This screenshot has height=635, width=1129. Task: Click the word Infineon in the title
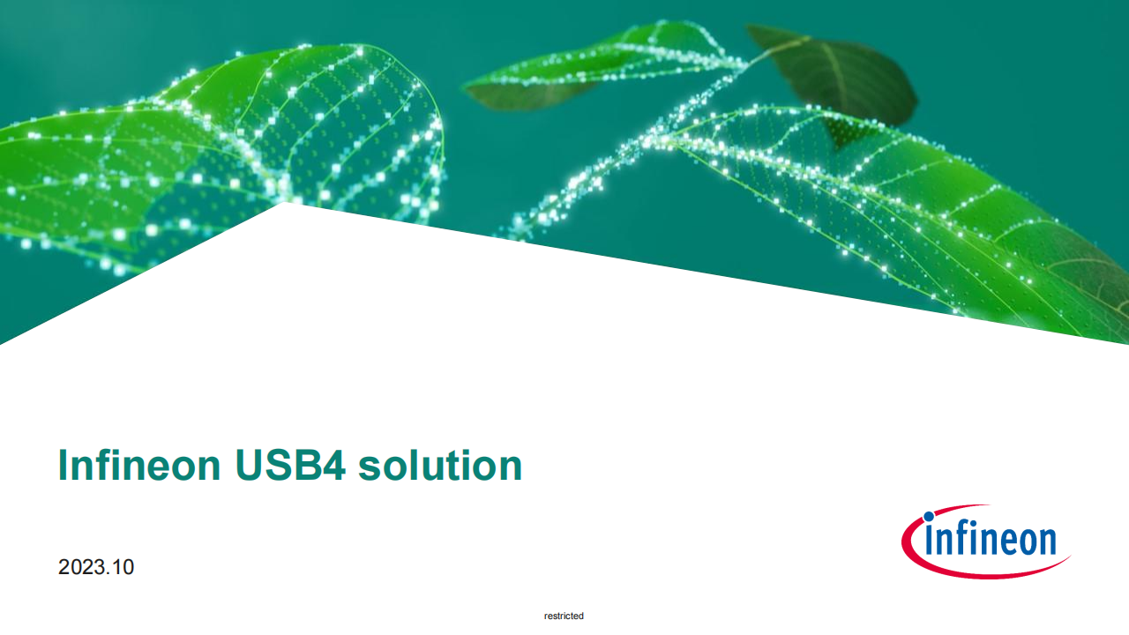pos(139,465)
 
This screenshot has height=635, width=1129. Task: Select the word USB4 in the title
pos(290,465)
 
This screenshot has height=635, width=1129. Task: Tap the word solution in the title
pos(440,465)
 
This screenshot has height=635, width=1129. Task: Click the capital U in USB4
pos(249,465)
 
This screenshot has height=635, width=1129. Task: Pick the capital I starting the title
pos(63,465)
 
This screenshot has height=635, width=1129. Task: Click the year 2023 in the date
pos(79,567)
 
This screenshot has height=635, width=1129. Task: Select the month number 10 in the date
pos(123,567)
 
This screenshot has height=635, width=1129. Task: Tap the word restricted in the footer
pos(564,616)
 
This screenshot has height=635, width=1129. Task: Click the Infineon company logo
pos(985,542)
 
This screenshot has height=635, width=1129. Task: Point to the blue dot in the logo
pos(929,517)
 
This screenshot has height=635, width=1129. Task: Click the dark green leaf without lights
pos(837,76)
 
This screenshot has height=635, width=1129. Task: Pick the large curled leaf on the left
pos(217,151)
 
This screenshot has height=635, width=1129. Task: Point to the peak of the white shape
pos(285,203)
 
